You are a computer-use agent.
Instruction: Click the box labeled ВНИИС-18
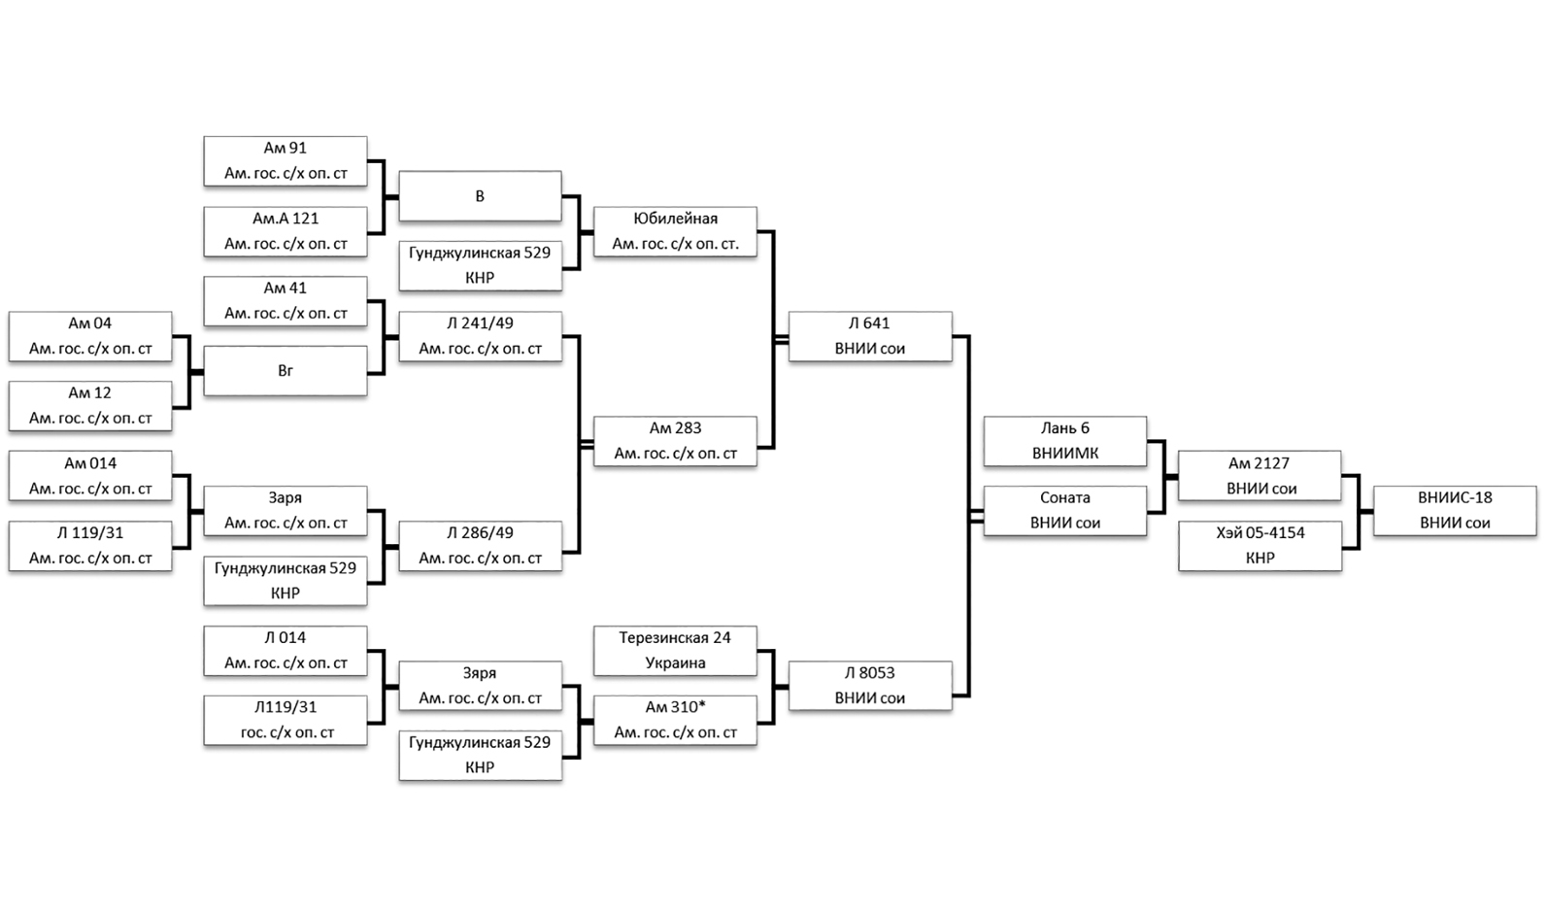(1454, 510)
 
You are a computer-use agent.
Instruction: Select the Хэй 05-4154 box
(1260, 545)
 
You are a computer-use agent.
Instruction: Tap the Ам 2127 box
(1260, 475)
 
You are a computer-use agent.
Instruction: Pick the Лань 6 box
(1064, 440)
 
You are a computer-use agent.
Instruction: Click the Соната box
(1064, 510)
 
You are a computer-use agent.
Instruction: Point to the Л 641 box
(869, 335)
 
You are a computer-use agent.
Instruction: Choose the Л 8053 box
(869, 685)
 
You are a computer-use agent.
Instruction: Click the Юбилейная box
(675, 230)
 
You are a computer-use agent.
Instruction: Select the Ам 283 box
(675, 440)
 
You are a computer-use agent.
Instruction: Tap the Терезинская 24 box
(675, 650)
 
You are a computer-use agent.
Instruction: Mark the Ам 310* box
(675, 720)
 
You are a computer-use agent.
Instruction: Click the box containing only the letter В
(480, 195)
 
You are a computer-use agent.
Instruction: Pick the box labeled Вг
(285, 370)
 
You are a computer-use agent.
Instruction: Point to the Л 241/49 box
(480, 335)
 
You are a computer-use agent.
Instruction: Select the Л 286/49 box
(480, 545)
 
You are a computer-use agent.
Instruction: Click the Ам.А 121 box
(285, 230)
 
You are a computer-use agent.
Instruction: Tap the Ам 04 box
(89, 335)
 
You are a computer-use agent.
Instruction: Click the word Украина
(675, 663)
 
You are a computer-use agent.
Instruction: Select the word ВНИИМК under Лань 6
(1064, 454)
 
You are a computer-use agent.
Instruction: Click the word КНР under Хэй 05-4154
(1260, 559)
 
